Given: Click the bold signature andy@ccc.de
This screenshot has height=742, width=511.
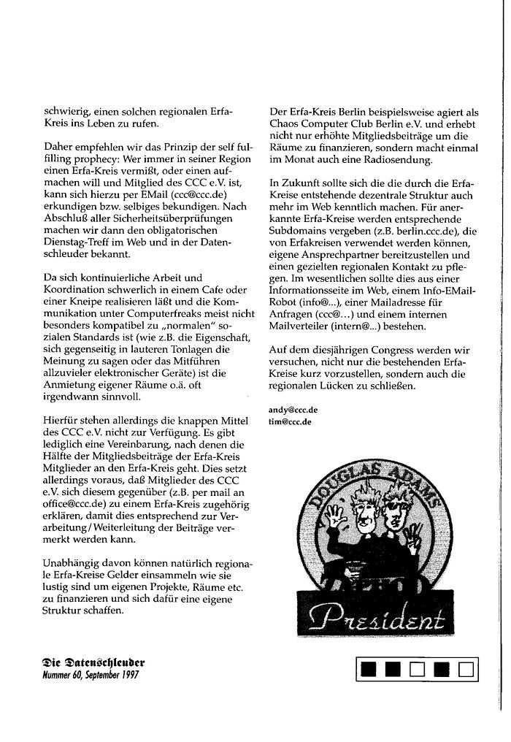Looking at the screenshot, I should pos(293,410).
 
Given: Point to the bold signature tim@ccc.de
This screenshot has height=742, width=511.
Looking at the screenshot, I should pos(291,421).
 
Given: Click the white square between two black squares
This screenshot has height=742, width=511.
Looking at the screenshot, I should pos(417,668).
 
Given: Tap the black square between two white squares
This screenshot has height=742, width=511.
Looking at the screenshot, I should pos(441,668).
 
